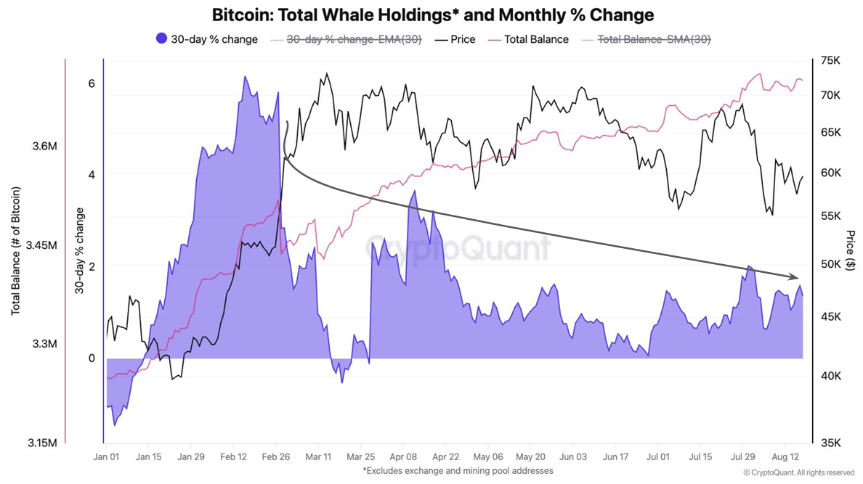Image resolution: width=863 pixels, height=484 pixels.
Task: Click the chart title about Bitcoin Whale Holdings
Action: tap(433, 15)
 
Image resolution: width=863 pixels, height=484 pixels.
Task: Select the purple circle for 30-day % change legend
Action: tap(162, 38)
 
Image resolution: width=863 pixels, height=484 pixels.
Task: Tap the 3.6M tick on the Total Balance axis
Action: tap(44, 147)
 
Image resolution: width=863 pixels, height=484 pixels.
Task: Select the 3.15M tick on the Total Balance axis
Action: tap(42, 443)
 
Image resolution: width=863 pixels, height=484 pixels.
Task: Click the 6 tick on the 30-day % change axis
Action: tap(92, 83)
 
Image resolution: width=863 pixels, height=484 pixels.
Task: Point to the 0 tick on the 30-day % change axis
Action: tap(92, 358)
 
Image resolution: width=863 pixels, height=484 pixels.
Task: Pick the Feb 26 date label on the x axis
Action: tap(275, 457)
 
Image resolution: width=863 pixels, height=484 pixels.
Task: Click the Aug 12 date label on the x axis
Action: tap(785, 457)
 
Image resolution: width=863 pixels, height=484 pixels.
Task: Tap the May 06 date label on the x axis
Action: tap(487, 457)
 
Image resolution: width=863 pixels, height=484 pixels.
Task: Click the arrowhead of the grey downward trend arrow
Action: tap(795, 277)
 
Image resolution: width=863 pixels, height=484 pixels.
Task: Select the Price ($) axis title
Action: tap(851, 250)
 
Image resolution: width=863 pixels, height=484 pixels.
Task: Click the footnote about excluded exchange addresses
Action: tap(458, 471)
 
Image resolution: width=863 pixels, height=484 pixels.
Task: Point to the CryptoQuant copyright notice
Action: tap(798, 472)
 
